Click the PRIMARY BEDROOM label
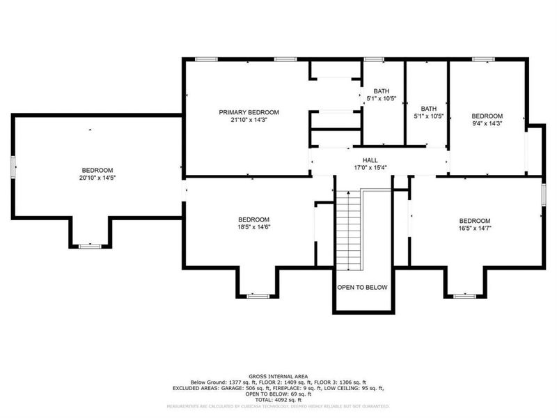[x=249, y=112]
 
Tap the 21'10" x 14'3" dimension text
[x=249, y=120]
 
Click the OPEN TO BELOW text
[x=362, y=287]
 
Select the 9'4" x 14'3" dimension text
[x=487, y=123]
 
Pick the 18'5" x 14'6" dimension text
[x=253, y=226]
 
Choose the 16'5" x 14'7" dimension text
[x=474, y=228]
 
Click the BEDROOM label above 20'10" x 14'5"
[x=97, y=171]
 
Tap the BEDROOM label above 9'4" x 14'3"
[x=487, y=116]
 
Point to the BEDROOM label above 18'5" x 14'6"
[x=253, y=219]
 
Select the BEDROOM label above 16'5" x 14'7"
[x=474, y=220]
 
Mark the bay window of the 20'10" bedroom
[x=89, y=245]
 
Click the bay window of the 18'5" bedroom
[x=258, y=295]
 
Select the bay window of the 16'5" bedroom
[x=464, y=295]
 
